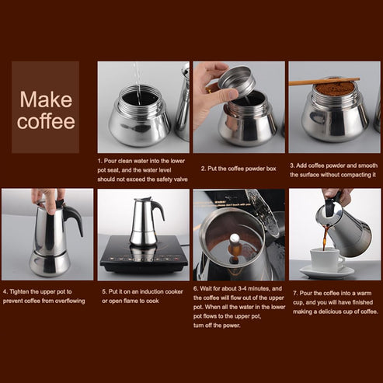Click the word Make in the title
[x=46, y=99]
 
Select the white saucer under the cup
[x=326, y=272]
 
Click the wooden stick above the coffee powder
[x=323, y=80]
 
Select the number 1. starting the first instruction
[x=101, y=159]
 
